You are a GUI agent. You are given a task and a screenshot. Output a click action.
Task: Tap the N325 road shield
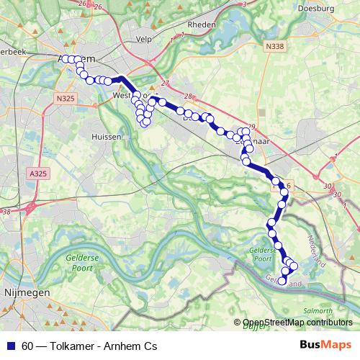(65, 97)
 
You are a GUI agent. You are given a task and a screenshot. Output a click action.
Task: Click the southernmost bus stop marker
(283, 280)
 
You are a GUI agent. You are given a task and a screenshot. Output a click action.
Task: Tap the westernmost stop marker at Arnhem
(65, 59)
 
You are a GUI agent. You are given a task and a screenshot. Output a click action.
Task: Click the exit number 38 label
(6, 212)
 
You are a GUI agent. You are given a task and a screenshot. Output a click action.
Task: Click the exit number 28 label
(189, 96)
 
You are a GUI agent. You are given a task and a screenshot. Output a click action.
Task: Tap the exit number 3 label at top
(245, 4)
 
